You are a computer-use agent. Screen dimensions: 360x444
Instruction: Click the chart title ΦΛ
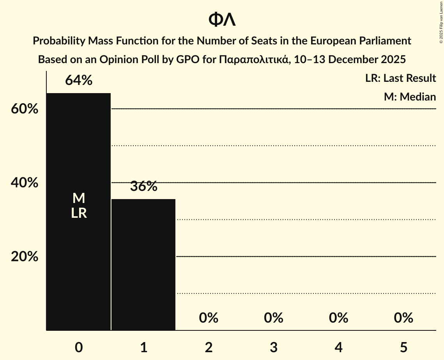pos(222,19)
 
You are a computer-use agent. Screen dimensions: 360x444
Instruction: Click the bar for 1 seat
pos(143,265)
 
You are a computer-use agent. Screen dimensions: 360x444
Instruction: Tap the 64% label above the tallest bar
pos(79,81)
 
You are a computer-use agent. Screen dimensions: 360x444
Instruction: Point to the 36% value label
pos(143,187)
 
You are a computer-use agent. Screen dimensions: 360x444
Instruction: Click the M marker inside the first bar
pos(79,198)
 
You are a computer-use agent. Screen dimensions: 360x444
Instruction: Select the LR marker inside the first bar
pos(79,213)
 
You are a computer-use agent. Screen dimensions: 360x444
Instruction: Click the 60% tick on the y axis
pos(25,109)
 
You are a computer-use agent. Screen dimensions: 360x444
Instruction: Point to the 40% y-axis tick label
pos(25,183)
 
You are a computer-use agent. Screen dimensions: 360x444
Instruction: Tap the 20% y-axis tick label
pos(25,257)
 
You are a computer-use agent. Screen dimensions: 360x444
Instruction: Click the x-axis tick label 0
pos(79,347)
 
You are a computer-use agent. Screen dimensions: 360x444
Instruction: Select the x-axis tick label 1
pos(143,347)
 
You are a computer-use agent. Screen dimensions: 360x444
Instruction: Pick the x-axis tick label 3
pos(273,347)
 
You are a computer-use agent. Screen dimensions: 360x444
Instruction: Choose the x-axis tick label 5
pos(403,347)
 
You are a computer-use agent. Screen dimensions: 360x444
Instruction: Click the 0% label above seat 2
pos(209,318)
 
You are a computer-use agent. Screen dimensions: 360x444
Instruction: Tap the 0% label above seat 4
pos(338,318)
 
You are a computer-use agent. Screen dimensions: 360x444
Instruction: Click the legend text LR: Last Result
pos(400,78)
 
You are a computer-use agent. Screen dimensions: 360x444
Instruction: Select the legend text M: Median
pos(410,97)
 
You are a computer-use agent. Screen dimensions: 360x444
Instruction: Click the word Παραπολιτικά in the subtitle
pos(254,60)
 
